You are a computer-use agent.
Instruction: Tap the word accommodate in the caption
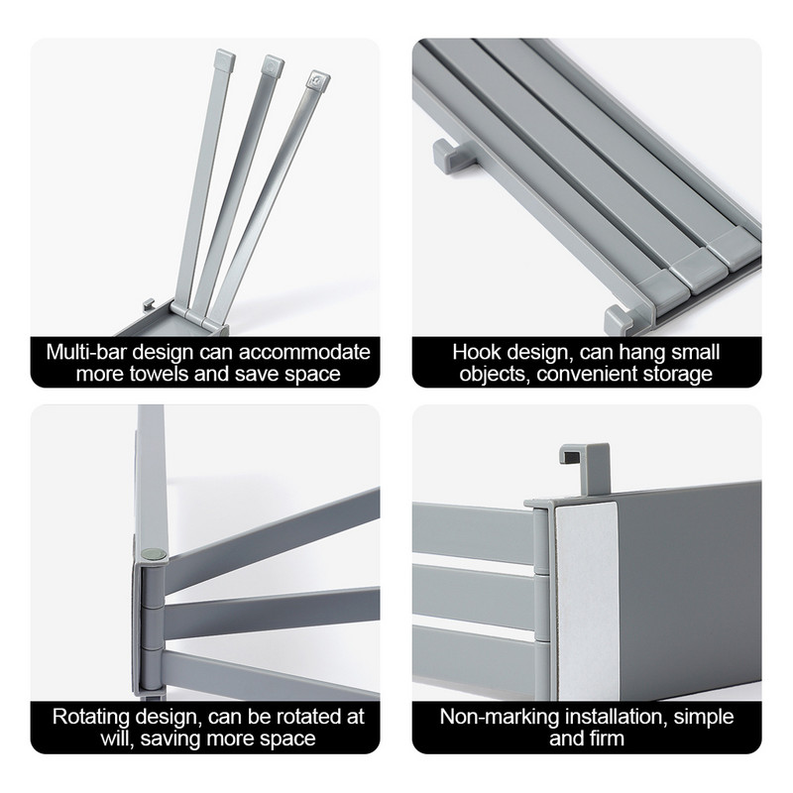pos(304,352)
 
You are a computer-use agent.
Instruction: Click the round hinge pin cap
pos(155,555)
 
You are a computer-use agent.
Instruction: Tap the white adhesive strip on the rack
pos(587,602)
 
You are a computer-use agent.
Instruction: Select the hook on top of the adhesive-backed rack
pos(586,468)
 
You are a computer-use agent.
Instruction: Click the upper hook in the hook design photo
pos(454,156)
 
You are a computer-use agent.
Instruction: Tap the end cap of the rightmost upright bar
pos(317,80)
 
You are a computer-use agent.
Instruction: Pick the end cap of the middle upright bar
pos(272,65)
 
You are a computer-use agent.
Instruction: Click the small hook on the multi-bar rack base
pos(148,304)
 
